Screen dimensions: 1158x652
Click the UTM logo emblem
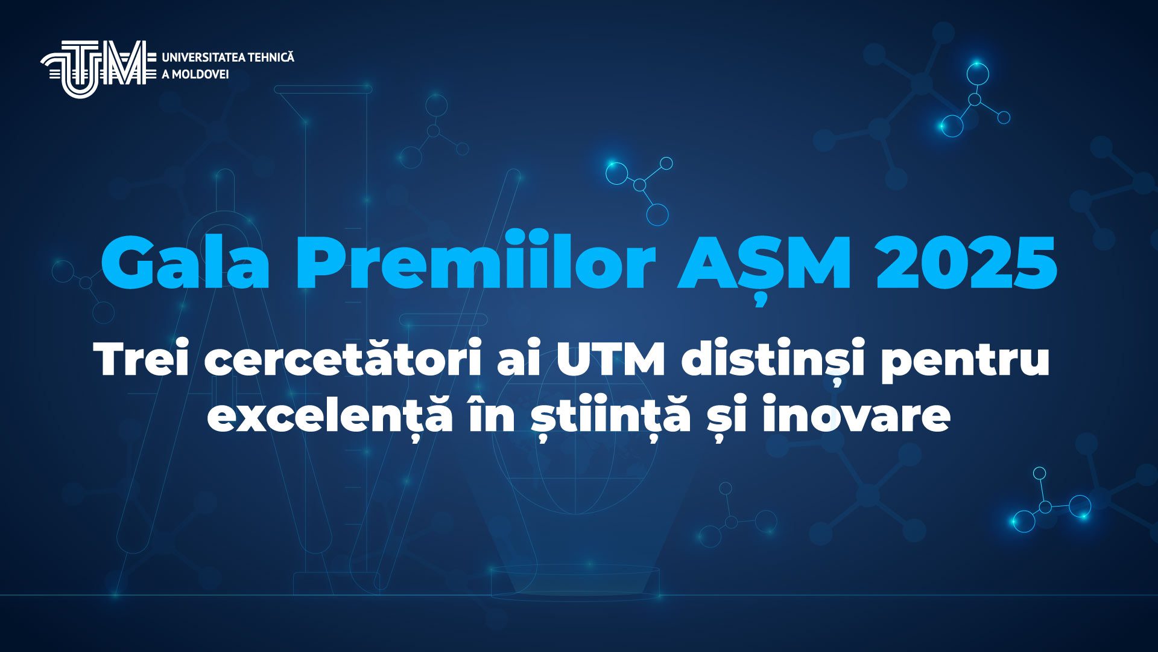94,68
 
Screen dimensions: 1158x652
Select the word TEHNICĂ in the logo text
271,57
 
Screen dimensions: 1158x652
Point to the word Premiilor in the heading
475,263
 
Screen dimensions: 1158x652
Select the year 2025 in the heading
966,263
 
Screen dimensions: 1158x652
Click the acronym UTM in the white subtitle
610,359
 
